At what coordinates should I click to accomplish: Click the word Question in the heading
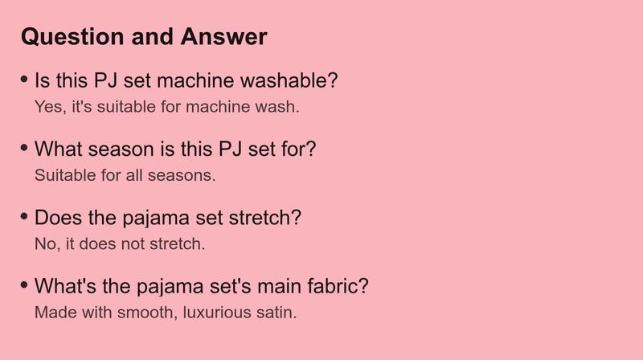[x=73, y=37]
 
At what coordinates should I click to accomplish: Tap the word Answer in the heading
[x=224, y=36]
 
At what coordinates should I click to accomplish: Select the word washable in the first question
[x=289, y=80]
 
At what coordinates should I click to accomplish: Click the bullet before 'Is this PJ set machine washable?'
[x=24, y=79]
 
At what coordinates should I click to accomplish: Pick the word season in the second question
[x=121, y=149]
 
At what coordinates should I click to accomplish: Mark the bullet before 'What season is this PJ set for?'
[x=24, y=148]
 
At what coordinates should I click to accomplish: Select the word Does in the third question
[x=58, y=217]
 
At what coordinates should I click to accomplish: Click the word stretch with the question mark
[x=265, y=217]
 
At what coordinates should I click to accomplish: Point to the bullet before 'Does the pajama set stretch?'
[x=24, y=216]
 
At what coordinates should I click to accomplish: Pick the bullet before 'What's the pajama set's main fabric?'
[x=24, y=284]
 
